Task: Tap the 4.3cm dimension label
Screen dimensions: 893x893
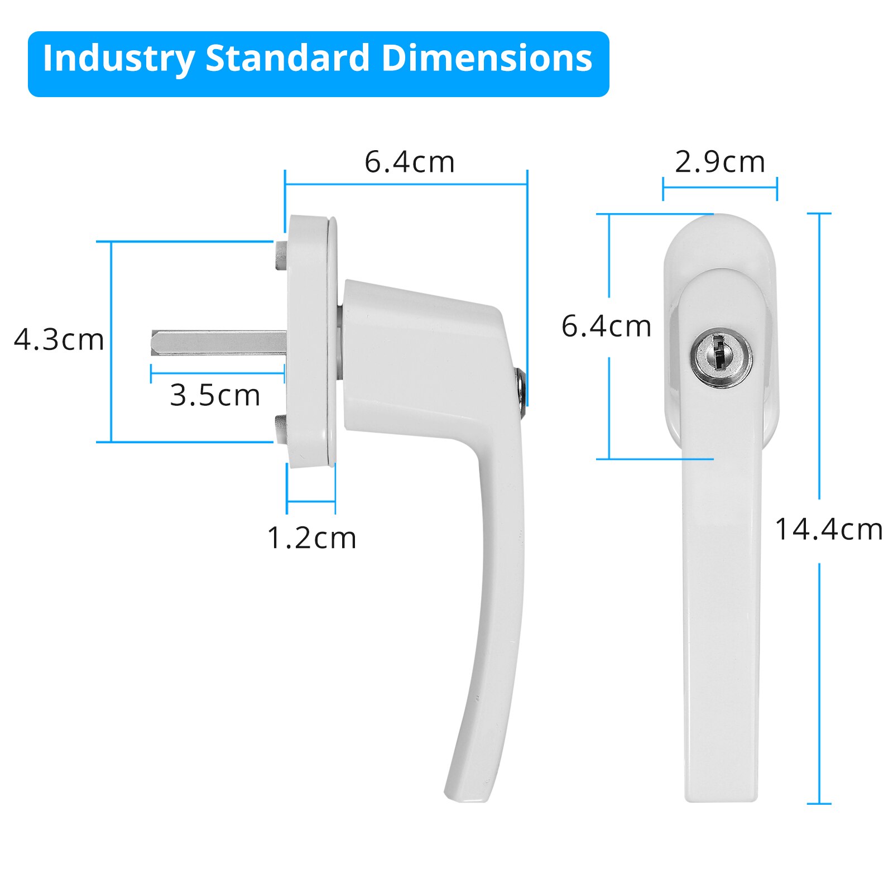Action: point(59,340)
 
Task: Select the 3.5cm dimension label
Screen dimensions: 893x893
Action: point(215,396)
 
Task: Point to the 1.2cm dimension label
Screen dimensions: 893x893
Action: point(311,539)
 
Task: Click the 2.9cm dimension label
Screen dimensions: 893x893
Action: point(719,162)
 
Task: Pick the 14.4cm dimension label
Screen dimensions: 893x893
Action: point(829,530)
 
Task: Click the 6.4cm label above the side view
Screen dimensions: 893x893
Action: point(410,162)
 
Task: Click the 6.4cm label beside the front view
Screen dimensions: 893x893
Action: point(606,327)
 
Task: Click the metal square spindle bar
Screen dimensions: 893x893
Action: point(218,343)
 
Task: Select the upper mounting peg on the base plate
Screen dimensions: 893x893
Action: point(281,255)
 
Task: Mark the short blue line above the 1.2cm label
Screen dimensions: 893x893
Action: point(311,502)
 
